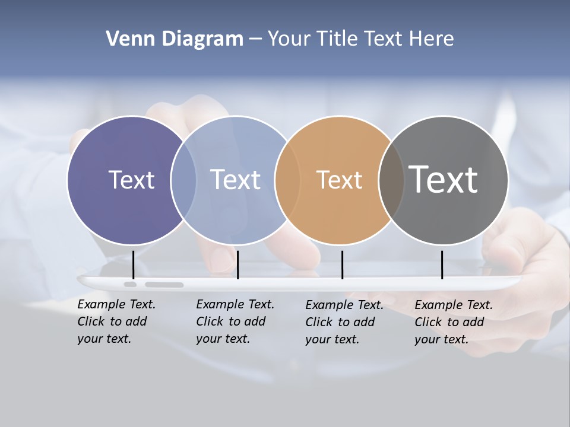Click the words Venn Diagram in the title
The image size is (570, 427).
pyautogui.click(x=175, y=39)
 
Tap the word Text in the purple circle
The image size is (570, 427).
pyautogui.click(x=131, y=180)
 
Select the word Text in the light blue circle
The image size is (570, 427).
pyautogui.click(x=236, y=180)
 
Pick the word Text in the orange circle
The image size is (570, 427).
pyautogui.click(x=339, y=180)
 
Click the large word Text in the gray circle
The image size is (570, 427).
pyautogui.click(x=444, y=179)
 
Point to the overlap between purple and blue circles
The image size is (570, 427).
pyautogui.click(x=183, y=180)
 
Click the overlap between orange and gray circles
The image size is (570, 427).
pyautogui.click(x=391, y=180)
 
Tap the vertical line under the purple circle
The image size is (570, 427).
pyautogui.click(x=134, y=265)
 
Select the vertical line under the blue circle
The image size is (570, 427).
pyautogui.click(x=237, y=265)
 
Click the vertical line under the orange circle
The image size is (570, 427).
pyautogui.click(x=342, y=265)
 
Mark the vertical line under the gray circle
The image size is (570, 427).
pyautogui.click(x=442, y=265)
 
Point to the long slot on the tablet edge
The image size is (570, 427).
pyautogui.click(x=164, y=285)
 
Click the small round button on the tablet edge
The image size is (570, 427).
pyautogui.click(x=130, y=285)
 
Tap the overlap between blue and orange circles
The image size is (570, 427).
pyautogui.click(x=287, y=180)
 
